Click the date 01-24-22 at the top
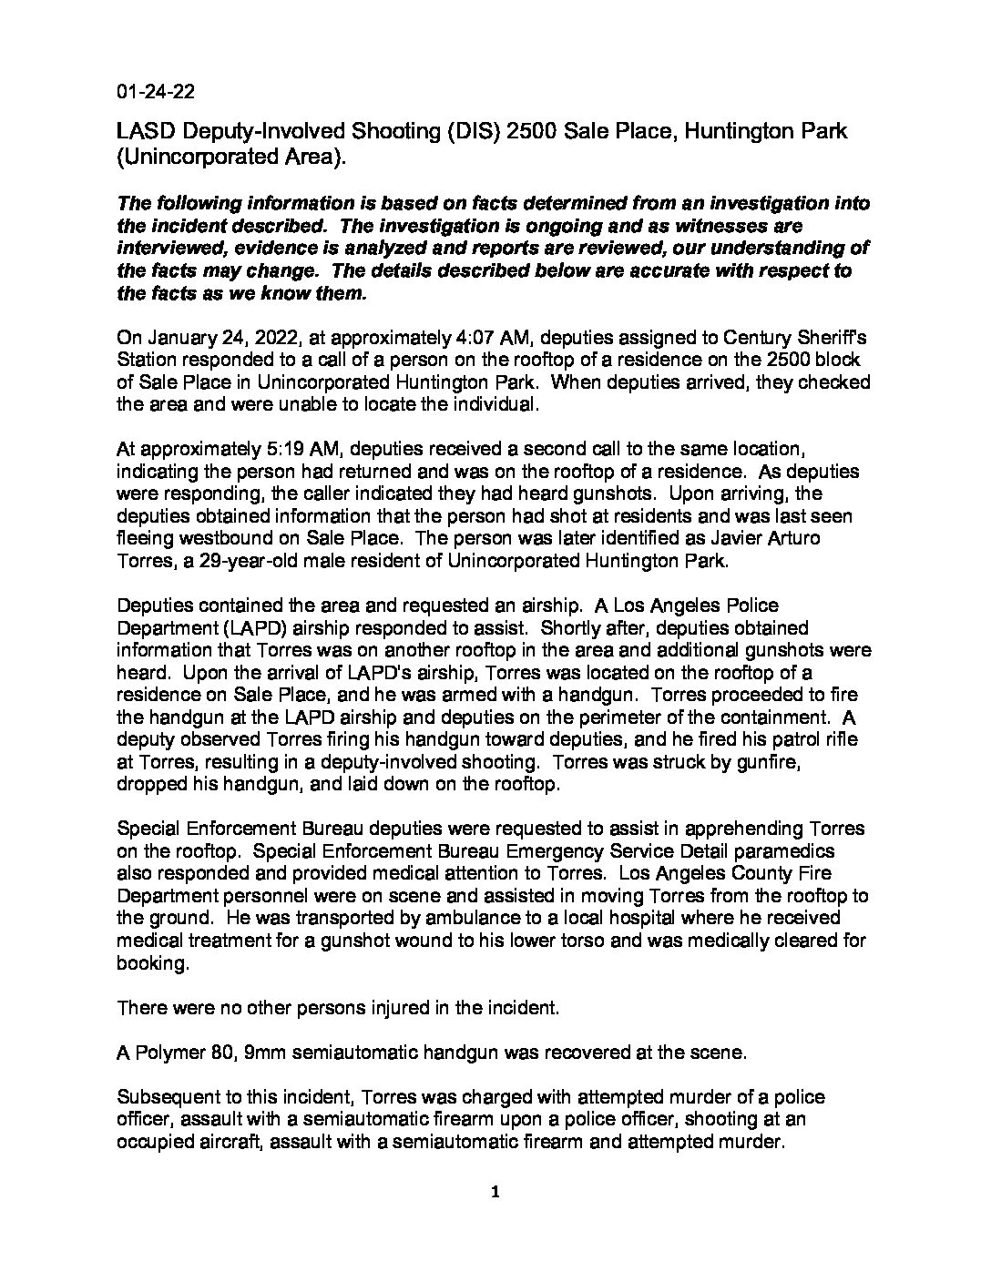pos(155,92)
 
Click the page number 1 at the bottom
pos(495,1194)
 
